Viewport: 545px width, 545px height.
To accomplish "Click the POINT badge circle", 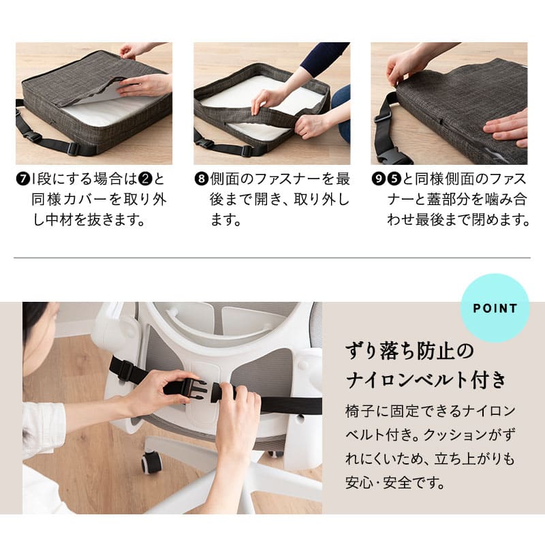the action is pyautogui.click(x=495, y=308).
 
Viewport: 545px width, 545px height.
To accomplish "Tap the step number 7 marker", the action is pyautogui.click(x=23, y=179).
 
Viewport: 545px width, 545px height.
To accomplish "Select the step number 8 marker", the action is pyautogui.click(x=201, y=179).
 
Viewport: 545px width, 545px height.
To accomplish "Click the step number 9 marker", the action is pyautogui.click(x=378, y=179).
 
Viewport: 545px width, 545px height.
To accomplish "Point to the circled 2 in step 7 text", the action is pyautogui.click(x=145, y=179).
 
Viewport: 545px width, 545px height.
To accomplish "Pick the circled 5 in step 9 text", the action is pyautogui.click(x=394, y=179).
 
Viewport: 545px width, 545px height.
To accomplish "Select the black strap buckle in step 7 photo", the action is pyautogui.click(x=33, y=136).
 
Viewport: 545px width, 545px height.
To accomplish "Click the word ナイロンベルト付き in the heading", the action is pyautogui.click(x=426, y=379).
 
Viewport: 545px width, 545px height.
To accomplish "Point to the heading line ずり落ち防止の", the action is pyautogui.click(x=409, y=351).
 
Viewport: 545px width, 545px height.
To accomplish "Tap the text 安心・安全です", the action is pyautogui.click(x=395, y=483).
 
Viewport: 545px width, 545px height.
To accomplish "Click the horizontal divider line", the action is pyautogui.click(x=272, y=258).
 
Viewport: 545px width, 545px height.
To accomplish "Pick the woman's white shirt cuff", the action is pyautogui.click(x=44, y=429).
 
